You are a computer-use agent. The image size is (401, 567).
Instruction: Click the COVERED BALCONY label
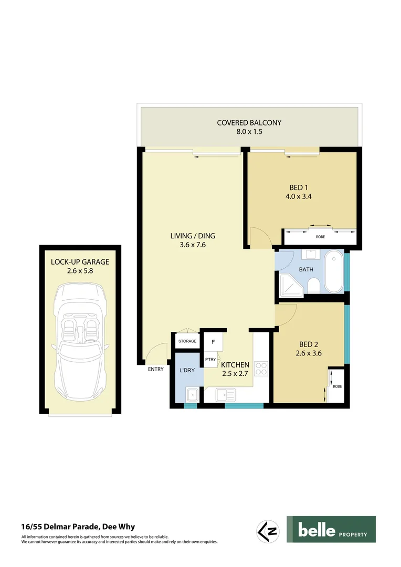click(249, 123)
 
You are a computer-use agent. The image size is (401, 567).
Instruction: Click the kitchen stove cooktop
click(261, 369)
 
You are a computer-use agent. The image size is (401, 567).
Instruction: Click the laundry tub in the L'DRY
click(192, 393)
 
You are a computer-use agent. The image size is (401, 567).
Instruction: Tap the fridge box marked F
click(213, 342)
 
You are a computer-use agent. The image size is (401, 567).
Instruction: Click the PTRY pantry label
click(210, 360)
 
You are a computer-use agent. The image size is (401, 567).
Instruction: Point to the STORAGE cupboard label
click(187, 341)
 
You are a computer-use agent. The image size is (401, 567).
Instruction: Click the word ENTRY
click(156, 369)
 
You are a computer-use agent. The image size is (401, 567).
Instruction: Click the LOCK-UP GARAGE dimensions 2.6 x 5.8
click(80, 271)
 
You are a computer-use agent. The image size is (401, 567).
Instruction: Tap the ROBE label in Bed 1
click(320, 237)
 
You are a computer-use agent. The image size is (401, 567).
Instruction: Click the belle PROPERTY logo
click(331, 529)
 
